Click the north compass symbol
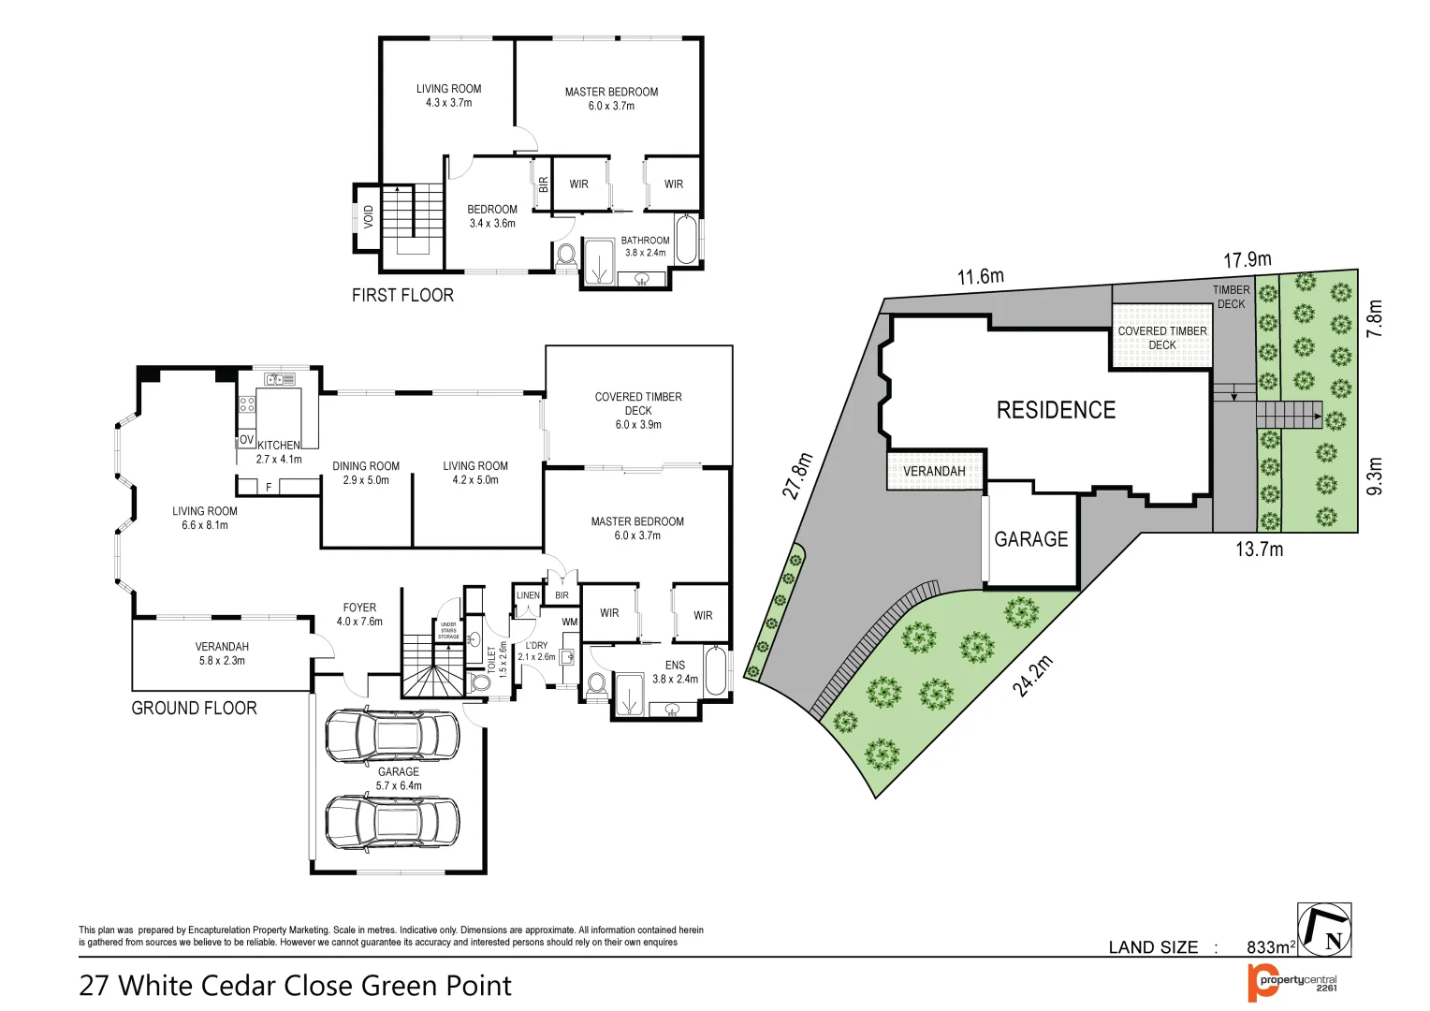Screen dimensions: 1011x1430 coord(1324,930)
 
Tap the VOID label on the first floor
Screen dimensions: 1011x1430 coord(369,216)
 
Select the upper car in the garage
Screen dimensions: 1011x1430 coord(392,734)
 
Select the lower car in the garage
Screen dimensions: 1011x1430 coord(392,821)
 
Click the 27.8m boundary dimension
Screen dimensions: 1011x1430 coord(798,476)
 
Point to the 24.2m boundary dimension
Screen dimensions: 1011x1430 coord(1032,676)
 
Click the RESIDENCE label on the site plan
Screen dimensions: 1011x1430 coord(1056,410)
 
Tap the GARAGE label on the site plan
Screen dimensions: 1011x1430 coord(1030,539)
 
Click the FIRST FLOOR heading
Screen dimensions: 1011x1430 coord(402,295)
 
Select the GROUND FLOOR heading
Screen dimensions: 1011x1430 coord(194,708)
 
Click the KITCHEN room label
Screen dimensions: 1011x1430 coord(279,446)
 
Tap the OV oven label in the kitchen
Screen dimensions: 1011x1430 coord(246,439)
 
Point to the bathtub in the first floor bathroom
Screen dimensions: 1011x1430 coord(687,241)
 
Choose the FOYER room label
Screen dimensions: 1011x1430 coord(359,608)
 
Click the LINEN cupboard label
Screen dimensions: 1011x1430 coord(528,595)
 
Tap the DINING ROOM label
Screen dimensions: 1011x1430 coord(366,466)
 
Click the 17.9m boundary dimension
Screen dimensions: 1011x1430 coord(1248,259)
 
